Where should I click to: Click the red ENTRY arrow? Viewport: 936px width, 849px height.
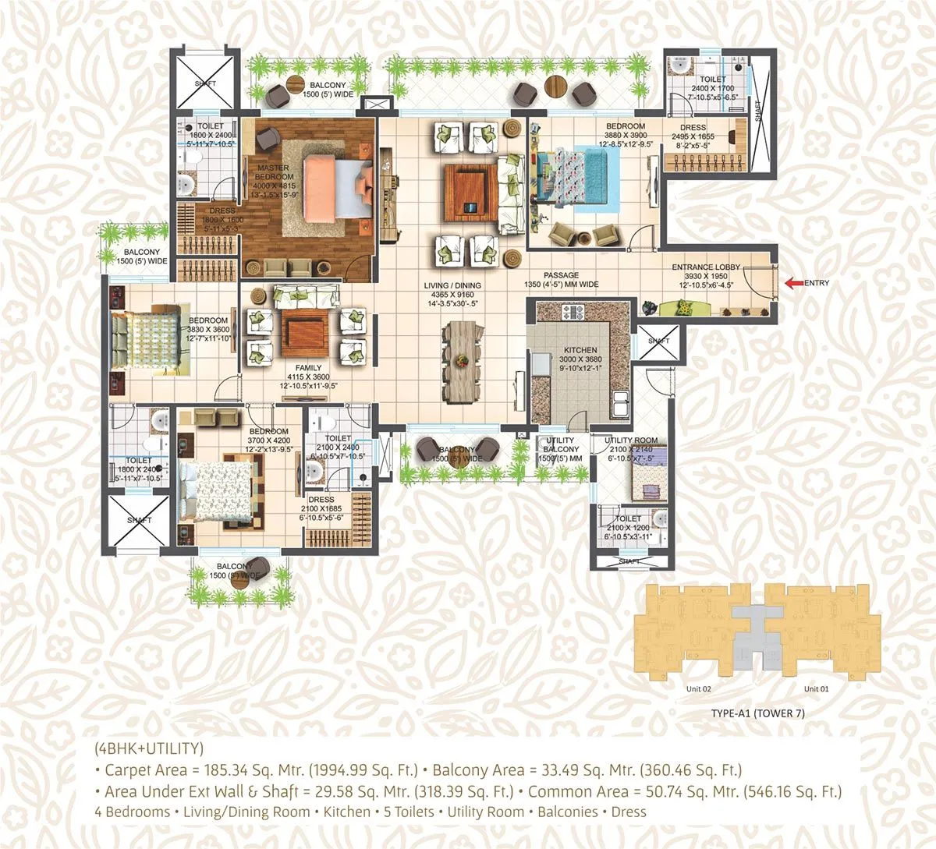793,283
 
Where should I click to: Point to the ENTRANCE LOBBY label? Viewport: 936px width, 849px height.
706,268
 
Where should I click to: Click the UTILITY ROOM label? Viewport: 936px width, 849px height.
631,440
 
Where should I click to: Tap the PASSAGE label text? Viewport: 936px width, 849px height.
562,275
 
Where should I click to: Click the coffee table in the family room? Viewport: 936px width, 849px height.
306,333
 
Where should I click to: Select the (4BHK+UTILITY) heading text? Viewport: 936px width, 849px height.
148,749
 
